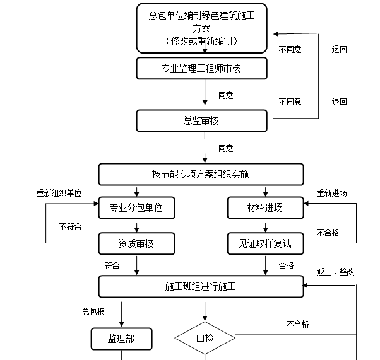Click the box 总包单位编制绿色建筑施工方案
[201, 28]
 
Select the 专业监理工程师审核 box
[201, 67]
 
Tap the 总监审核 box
[201, 120]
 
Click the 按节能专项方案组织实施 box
[201, 174]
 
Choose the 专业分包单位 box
[136, 207]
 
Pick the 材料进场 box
[265, 207]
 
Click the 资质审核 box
[136, 243]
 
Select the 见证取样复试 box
[265, 243]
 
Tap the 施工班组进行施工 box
[201, 286]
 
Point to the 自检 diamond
[205, 339]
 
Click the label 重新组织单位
[59, 194]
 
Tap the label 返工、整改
[335, 272]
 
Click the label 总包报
[93, 311]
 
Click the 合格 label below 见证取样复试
[287, 265]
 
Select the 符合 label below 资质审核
[112, 265]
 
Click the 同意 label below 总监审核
[225, 148]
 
